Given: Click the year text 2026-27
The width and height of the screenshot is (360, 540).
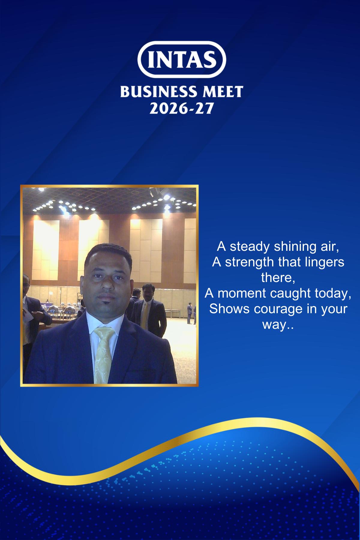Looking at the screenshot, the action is [181, 108].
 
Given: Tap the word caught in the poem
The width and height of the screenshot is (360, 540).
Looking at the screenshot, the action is [290, 294].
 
